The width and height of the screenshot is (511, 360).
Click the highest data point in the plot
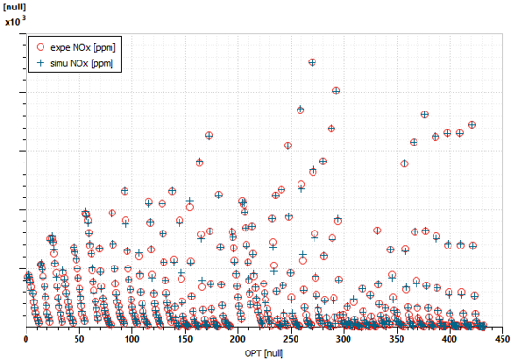tap(312, 62)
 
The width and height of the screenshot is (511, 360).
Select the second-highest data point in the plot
tap(335, 91)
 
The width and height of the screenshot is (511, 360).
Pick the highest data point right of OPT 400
tap(472, 125)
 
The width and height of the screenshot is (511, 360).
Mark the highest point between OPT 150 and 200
tap(209, 136)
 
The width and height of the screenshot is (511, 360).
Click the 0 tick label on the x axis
tap(26, 337)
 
